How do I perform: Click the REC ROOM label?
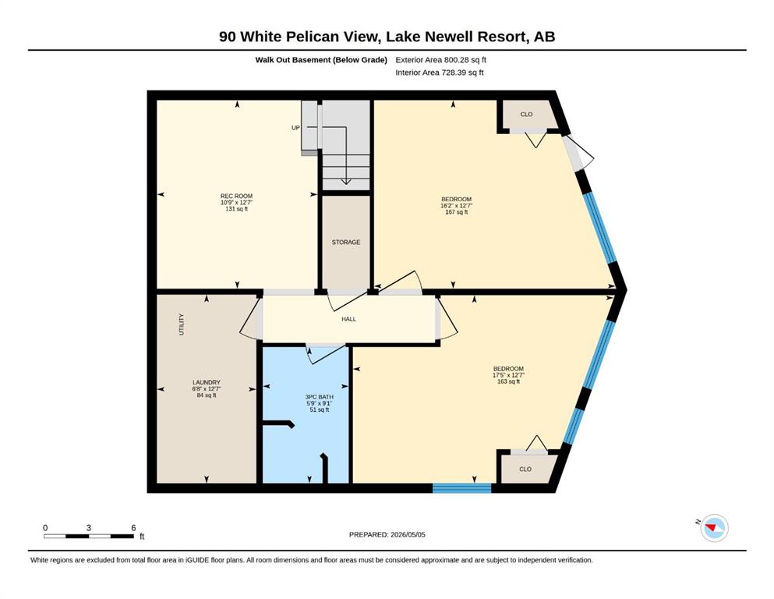236,196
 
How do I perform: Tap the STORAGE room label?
346,243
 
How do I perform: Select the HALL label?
349,319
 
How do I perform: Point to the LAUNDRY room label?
207,382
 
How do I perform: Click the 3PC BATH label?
320,396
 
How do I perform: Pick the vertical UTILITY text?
181,324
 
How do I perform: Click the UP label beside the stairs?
295,128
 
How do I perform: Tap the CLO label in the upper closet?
527,114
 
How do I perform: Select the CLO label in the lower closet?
525,469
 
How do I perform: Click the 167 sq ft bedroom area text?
457,212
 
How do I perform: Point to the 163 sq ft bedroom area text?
509,381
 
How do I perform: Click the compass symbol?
714,528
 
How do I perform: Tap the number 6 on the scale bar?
134,528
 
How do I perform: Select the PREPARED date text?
387,534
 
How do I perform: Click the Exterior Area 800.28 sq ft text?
441,60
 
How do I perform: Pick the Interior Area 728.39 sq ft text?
440,73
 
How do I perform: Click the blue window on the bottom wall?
462,488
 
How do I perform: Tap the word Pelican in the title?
310,37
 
